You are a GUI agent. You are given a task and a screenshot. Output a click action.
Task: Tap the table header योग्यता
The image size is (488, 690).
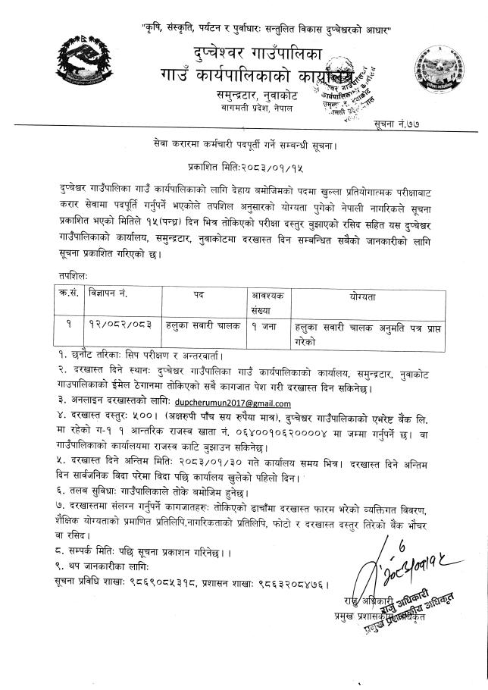364,290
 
